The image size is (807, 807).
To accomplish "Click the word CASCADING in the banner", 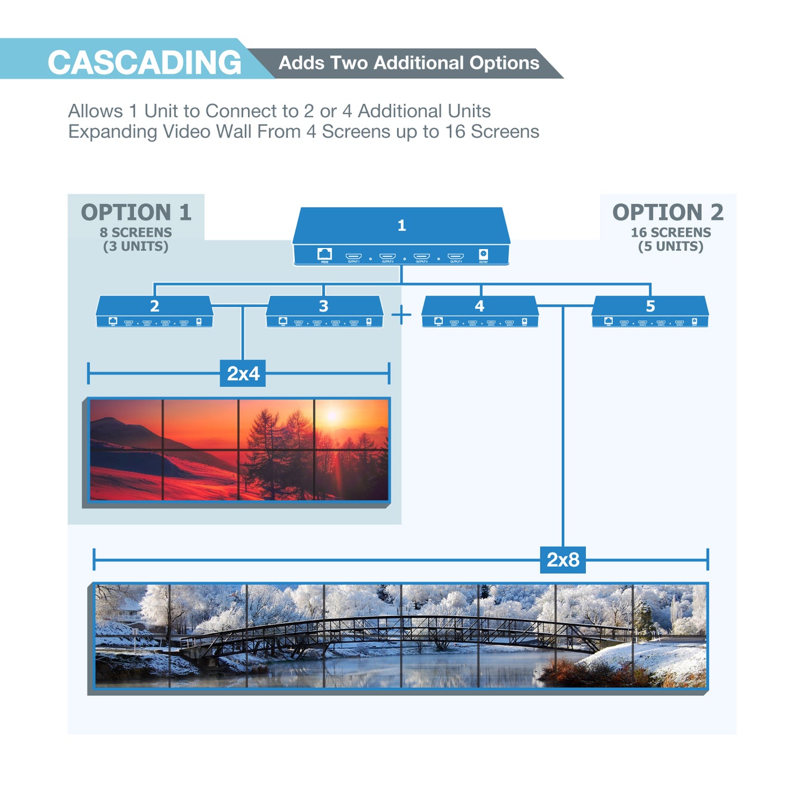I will pyautogui.click(x=144, y=62).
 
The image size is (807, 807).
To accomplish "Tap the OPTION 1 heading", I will pyautogui.click(x=136, y=212).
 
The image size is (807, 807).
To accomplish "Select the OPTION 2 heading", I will pyautogui.click(x=667, y=212).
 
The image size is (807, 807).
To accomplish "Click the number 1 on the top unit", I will pyautogui.click(x=401, y=226).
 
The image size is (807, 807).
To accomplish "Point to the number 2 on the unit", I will pyautogui.click(x=154, y=306).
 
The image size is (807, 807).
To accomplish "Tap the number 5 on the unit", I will pyautogui.click(x=650, y=306).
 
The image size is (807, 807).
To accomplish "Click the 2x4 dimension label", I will pyautogui.click(x=243, y=374).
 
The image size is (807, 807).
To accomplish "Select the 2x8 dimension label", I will pyautogui.click(x=562, y=560).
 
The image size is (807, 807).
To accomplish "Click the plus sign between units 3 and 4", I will pyautogui.click(x=401, y=315).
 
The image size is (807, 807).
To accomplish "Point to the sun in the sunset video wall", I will pyautogui.click(x=333, y=416).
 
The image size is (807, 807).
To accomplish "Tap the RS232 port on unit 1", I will pyautogui.click(x=324, y=254).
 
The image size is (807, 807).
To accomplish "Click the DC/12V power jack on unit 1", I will pyautogui.click(x=483, y=255).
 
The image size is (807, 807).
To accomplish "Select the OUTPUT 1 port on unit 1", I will pyautogui.click(x=354, y=256).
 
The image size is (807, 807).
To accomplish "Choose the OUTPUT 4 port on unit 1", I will pyautogui.click(x=455, y=256).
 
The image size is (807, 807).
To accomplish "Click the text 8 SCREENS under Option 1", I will pyautogui.click(x=136, y=232).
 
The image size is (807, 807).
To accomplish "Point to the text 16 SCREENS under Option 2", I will pyautogui.click(x=671, y=232).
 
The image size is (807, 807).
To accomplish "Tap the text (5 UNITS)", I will pyautogui.click(x=671, y=246).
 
